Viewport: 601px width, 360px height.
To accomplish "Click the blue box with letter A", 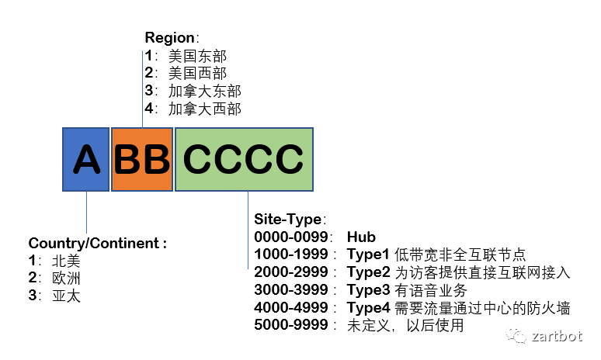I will tap(85, 159).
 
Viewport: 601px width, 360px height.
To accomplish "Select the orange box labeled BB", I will tap(141, 159).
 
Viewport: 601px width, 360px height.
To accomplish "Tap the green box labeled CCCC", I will tap(244, 159).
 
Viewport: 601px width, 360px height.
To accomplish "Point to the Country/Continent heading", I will tap(97, 243).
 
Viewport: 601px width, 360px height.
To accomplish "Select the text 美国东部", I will tap(197, 56).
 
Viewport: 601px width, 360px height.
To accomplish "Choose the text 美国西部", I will tap(197, 74).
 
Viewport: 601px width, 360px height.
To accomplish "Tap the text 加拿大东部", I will tap(204, 92).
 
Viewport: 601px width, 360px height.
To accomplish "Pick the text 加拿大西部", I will tap(204, 109).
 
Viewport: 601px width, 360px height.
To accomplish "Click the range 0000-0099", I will tap(291, 237).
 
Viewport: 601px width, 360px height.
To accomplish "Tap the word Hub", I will tap(361, 237).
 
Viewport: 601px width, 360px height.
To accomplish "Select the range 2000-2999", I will tap(291, 272).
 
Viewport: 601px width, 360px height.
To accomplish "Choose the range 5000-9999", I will tap(291, 326).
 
